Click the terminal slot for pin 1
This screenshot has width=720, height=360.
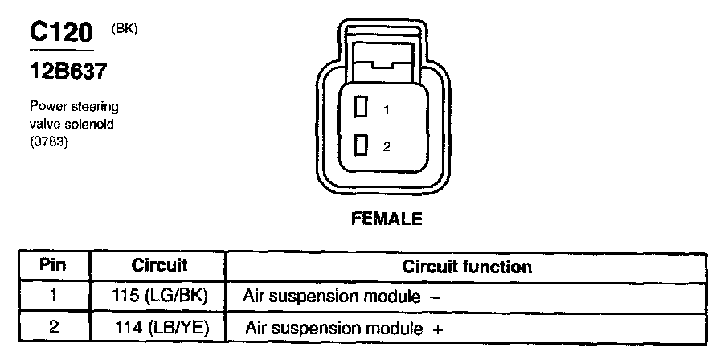pyautogui.click(x=361, y=107)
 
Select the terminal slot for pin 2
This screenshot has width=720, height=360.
pyautogui.click(x=361, y=145)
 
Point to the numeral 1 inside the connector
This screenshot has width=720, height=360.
pyautogui.click(x=386, y=108)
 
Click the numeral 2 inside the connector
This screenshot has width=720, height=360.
pyautogui.click(x=387, y=146)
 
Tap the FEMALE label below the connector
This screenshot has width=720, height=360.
pyautogui.click(x=386, y=219)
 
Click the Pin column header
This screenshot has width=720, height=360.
pyautogui.click(x=53, y=265)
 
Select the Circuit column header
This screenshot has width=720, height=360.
pyautogui.click(x=158, y=265)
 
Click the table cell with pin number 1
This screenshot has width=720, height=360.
pyautogui.click(x=53, y=295)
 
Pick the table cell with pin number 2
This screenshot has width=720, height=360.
pyautogui.click(x=53, y=328)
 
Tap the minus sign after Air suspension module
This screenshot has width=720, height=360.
pyautogui.click(x=435, y=297)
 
